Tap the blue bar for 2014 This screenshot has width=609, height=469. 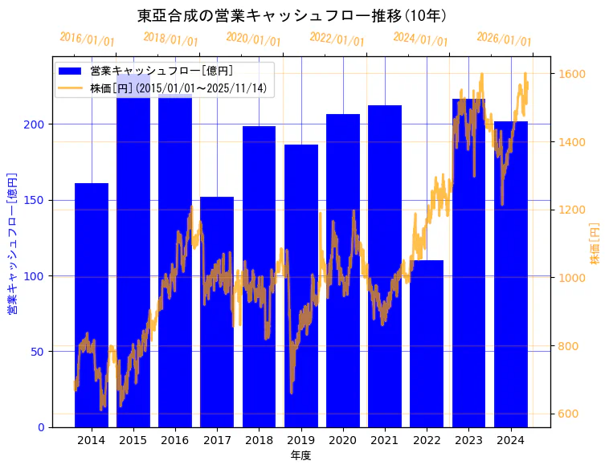tap(92, 305)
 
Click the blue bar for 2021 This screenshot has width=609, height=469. tap(385, 266)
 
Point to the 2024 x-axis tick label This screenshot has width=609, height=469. tap(510, 440)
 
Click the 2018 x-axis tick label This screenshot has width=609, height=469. tap(259, 440)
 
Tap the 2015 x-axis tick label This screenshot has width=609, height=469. tap(133, 440)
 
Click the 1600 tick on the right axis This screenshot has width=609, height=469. tap(574, 74)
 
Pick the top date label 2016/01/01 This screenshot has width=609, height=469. tap(87, 39)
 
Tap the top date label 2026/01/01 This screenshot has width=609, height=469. tap(504, 39)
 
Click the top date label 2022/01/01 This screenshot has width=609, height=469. tap(337, 39)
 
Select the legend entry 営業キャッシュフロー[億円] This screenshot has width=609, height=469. tap(161, 71)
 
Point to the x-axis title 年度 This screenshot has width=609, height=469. tap(300, 455)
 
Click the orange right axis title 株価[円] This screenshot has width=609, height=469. tap(595, 244)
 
